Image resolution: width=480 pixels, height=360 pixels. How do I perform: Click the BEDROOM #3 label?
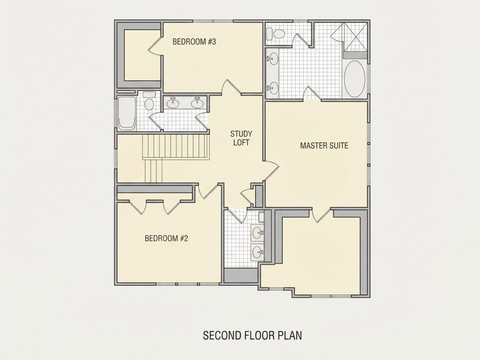194,41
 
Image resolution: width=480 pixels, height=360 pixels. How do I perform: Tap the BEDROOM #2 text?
166,238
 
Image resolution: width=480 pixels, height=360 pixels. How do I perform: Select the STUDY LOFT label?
241,138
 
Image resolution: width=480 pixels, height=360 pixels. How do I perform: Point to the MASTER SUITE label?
324,145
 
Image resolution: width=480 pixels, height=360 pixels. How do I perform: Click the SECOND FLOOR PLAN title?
253,335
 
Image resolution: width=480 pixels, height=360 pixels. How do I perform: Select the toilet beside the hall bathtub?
149,101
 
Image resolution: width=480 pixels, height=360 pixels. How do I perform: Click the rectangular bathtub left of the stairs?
127,113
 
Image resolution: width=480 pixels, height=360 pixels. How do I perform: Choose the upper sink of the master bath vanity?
273,58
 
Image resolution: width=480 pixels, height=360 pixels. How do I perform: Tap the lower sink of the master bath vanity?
273,88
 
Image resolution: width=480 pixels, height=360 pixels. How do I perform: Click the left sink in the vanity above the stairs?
173,103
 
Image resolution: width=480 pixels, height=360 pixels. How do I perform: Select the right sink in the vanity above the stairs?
197,103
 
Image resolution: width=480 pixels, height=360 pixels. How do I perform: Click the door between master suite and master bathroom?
312,94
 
